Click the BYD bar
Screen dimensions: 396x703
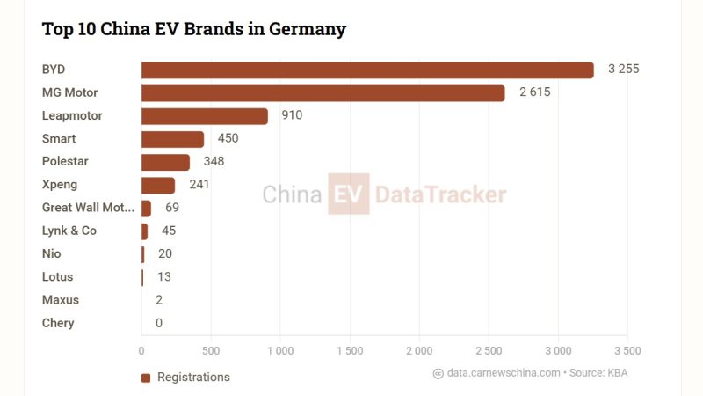tap(367, 70)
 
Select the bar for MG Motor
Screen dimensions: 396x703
tap(323, 92)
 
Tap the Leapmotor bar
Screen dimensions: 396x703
tap(204, 115)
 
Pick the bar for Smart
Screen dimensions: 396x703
tap(172, 139)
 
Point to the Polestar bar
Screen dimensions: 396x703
tap(165, 162)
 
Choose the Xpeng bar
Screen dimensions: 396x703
tap(158, 185)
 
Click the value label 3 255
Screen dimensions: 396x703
tap(623, 70)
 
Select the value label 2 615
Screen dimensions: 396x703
tap(534, 92)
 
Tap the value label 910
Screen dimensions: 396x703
tap(292, 115)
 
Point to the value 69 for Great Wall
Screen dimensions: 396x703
tap(172, 208)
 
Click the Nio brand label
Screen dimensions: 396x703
tap(51, 253)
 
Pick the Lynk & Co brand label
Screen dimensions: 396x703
tap(69, 231)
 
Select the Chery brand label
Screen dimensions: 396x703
tap(58, 323)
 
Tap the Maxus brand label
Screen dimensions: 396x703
tap(61, 300)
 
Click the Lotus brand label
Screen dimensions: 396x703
tap(58, 276)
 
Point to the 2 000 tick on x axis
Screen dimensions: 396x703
tap(418, 350)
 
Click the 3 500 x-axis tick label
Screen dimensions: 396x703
tap(627, 350)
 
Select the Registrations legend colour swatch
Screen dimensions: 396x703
tap(146, 378)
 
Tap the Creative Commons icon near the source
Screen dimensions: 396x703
tap(438, 373)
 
